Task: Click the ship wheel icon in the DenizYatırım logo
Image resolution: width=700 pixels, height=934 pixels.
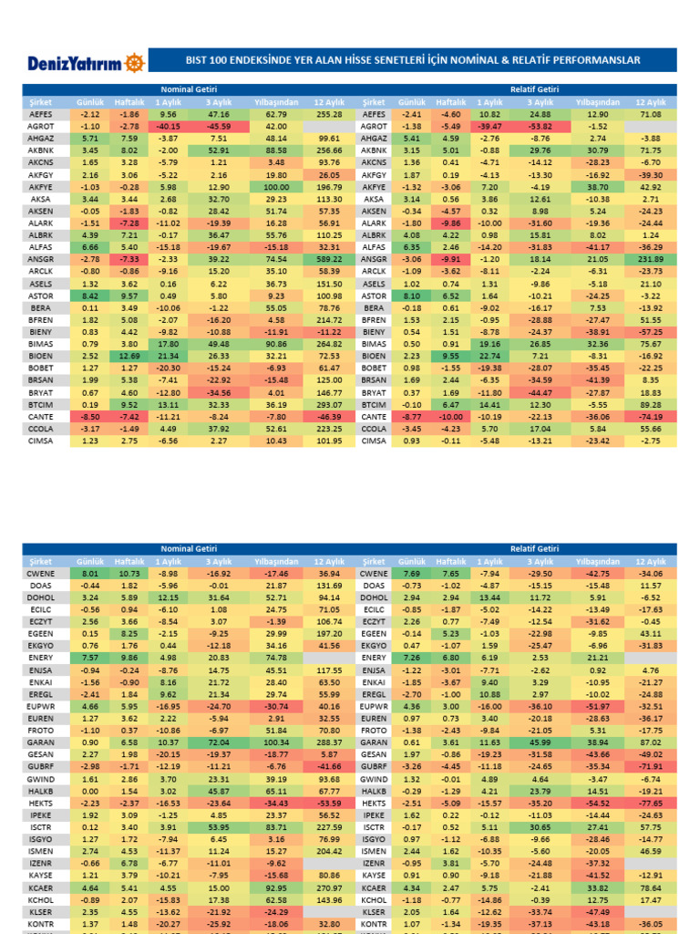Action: point(134,61)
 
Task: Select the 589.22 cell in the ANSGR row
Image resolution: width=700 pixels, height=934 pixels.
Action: point(329,259)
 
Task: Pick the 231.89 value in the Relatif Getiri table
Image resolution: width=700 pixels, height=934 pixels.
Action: point(650,259)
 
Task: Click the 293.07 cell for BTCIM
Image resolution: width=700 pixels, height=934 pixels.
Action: point(329,404)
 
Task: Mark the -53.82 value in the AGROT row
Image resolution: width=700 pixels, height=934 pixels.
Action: point(540,126)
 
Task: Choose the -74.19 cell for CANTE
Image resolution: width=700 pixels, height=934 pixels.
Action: point(650,416)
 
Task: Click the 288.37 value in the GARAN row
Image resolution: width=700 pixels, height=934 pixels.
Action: point(329,741)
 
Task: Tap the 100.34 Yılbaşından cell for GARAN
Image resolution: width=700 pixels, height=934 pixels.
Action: point(276,741)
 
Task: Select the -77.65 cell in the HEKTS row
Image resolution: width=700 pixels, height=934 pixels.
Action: point(650,801)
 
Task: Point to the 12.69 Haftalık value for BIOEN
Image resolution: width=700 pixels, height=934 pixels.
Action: point(129,356)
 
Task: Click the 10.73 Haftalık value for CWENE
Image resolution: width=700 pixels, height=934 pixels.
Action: point(129,572)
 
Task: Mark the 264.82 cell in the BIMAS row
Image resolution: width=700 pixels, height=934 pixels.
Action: point(329,344)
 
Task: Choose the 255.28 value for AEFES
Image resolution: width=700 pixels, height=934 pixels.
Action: point(329,114)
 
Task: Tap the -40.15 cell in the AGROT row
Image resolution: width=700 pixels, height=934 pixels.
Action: point(169,126)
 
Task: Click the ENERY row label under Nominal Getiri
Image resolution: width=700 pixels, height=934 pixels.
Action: point(41,657)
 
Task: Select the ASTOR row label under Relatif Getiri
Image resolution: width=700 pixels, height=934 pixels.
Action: point(374,296)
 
